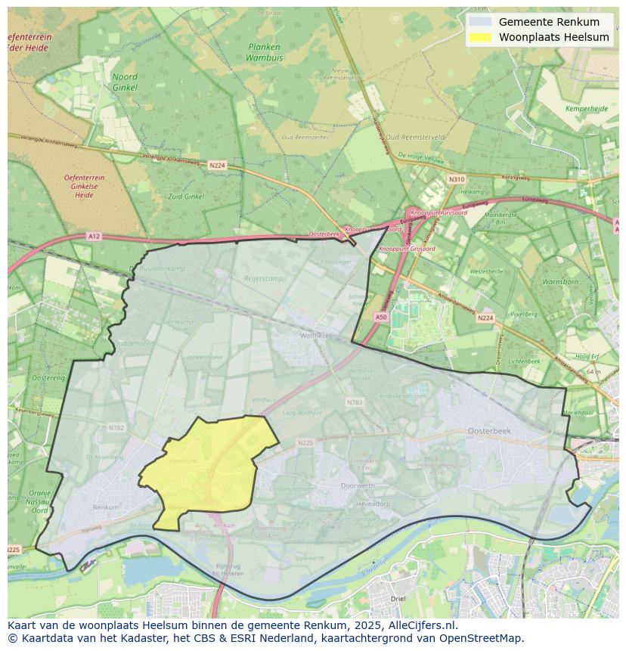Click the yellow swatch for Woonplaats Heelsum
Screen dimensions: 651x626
coord(479,37)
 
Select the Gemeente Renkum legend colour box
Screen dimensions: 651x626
coord(479,22)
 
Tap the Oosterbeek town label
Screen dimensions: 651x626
coord(489,430)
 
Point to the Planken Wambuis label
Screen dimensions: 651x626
coord(263,51)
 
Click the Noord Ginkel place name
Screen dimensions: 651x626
coord(125,82)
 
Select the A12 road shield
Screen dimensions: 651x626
coord(93,237)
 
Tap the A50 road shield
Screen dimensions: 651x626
coord(381,318)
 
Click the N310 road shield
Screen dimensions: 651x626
coord(456,179)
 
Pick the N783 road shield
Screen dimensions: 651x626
coord(355,402)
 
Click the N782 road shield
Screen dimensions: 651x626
coord(116,427)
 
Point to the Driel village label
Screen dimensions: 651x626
coord(398,599)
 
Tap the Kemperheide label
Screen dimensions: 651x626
coord(586,109)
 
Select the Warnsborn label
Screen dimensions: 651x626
coord(559,281)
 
